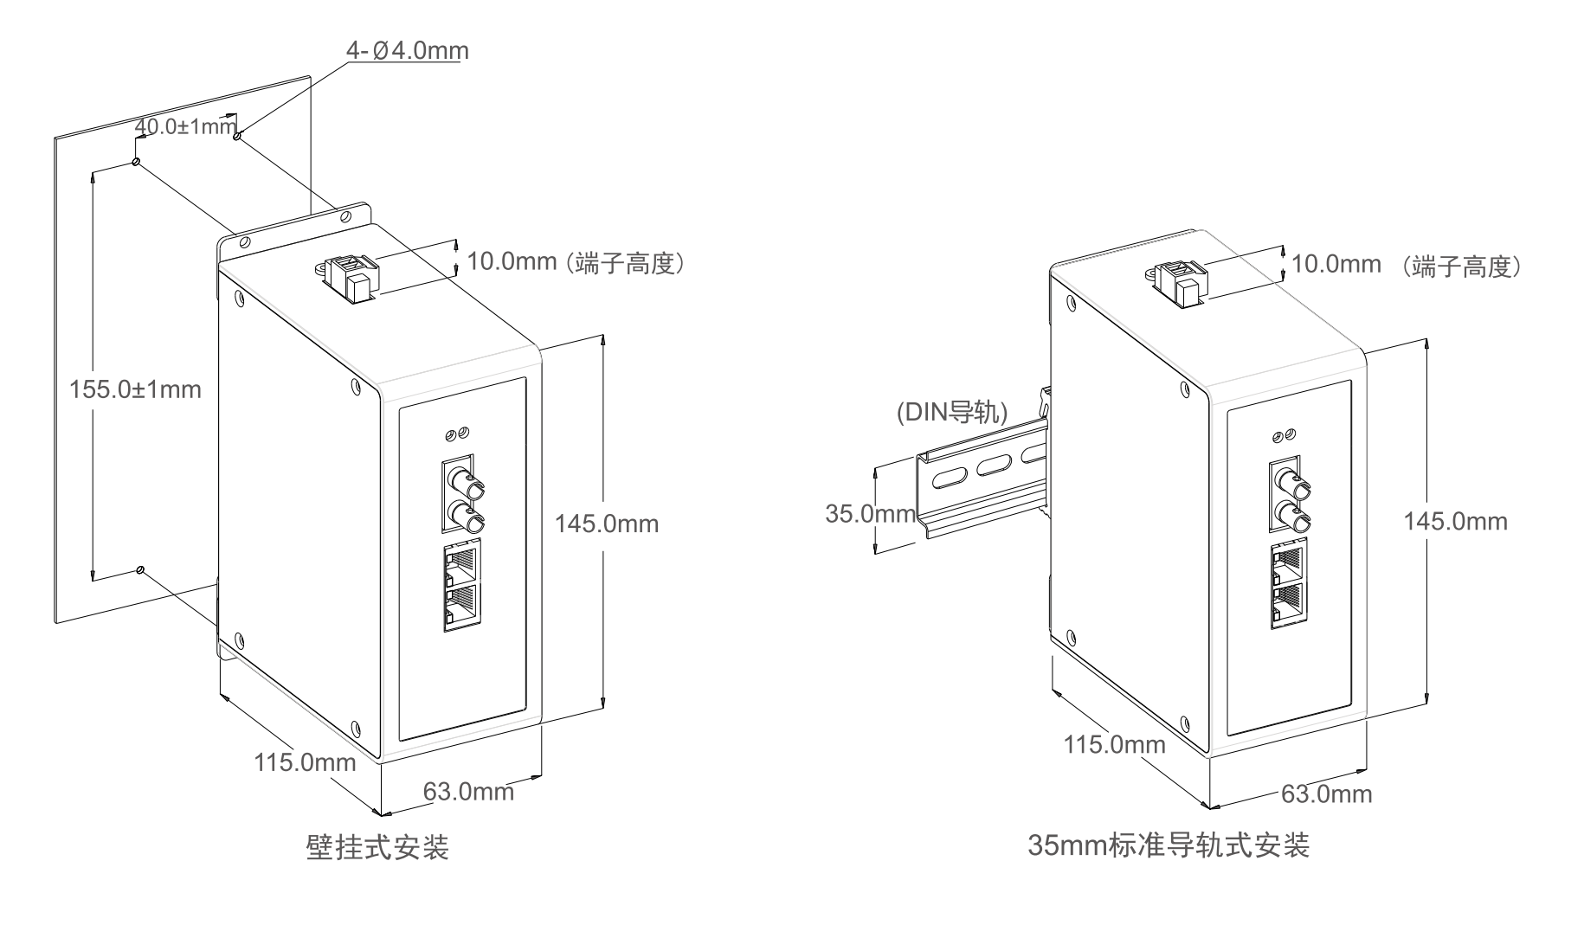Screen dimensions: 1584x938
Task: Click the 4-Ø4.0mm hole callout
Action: [408, 50]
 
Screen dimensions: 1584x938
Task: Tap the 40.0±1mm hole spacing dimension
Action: [186, 126]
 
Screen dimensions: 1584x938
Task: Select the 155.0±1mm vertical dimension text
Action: [135, 389]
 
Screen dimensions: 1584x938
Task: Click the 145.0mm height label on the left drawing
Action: [607, 524]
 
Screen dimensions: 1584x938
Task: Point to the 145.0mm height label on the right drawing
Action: [1455, 521]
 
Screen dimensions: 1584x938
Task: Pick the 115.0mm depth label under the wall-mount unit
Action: [305, 762]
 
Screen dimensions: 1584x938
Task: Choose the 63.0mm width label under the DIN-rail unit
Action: [1327, 793]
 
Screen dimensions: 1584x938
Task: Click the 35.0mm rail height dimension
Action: [870, 514]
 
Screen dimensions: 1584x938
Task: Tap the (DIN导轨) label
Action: [952, 412]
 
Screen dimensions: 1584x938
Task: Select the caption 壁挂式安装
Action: [378, 847]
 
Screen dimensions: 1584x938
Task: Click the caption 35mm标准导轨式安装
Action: [1169, 844]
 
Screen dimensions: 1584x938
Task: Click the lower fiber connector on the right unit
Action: [1292, 517]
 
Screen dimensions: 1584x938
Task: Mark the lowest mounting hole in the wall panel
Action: [140, 569]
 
